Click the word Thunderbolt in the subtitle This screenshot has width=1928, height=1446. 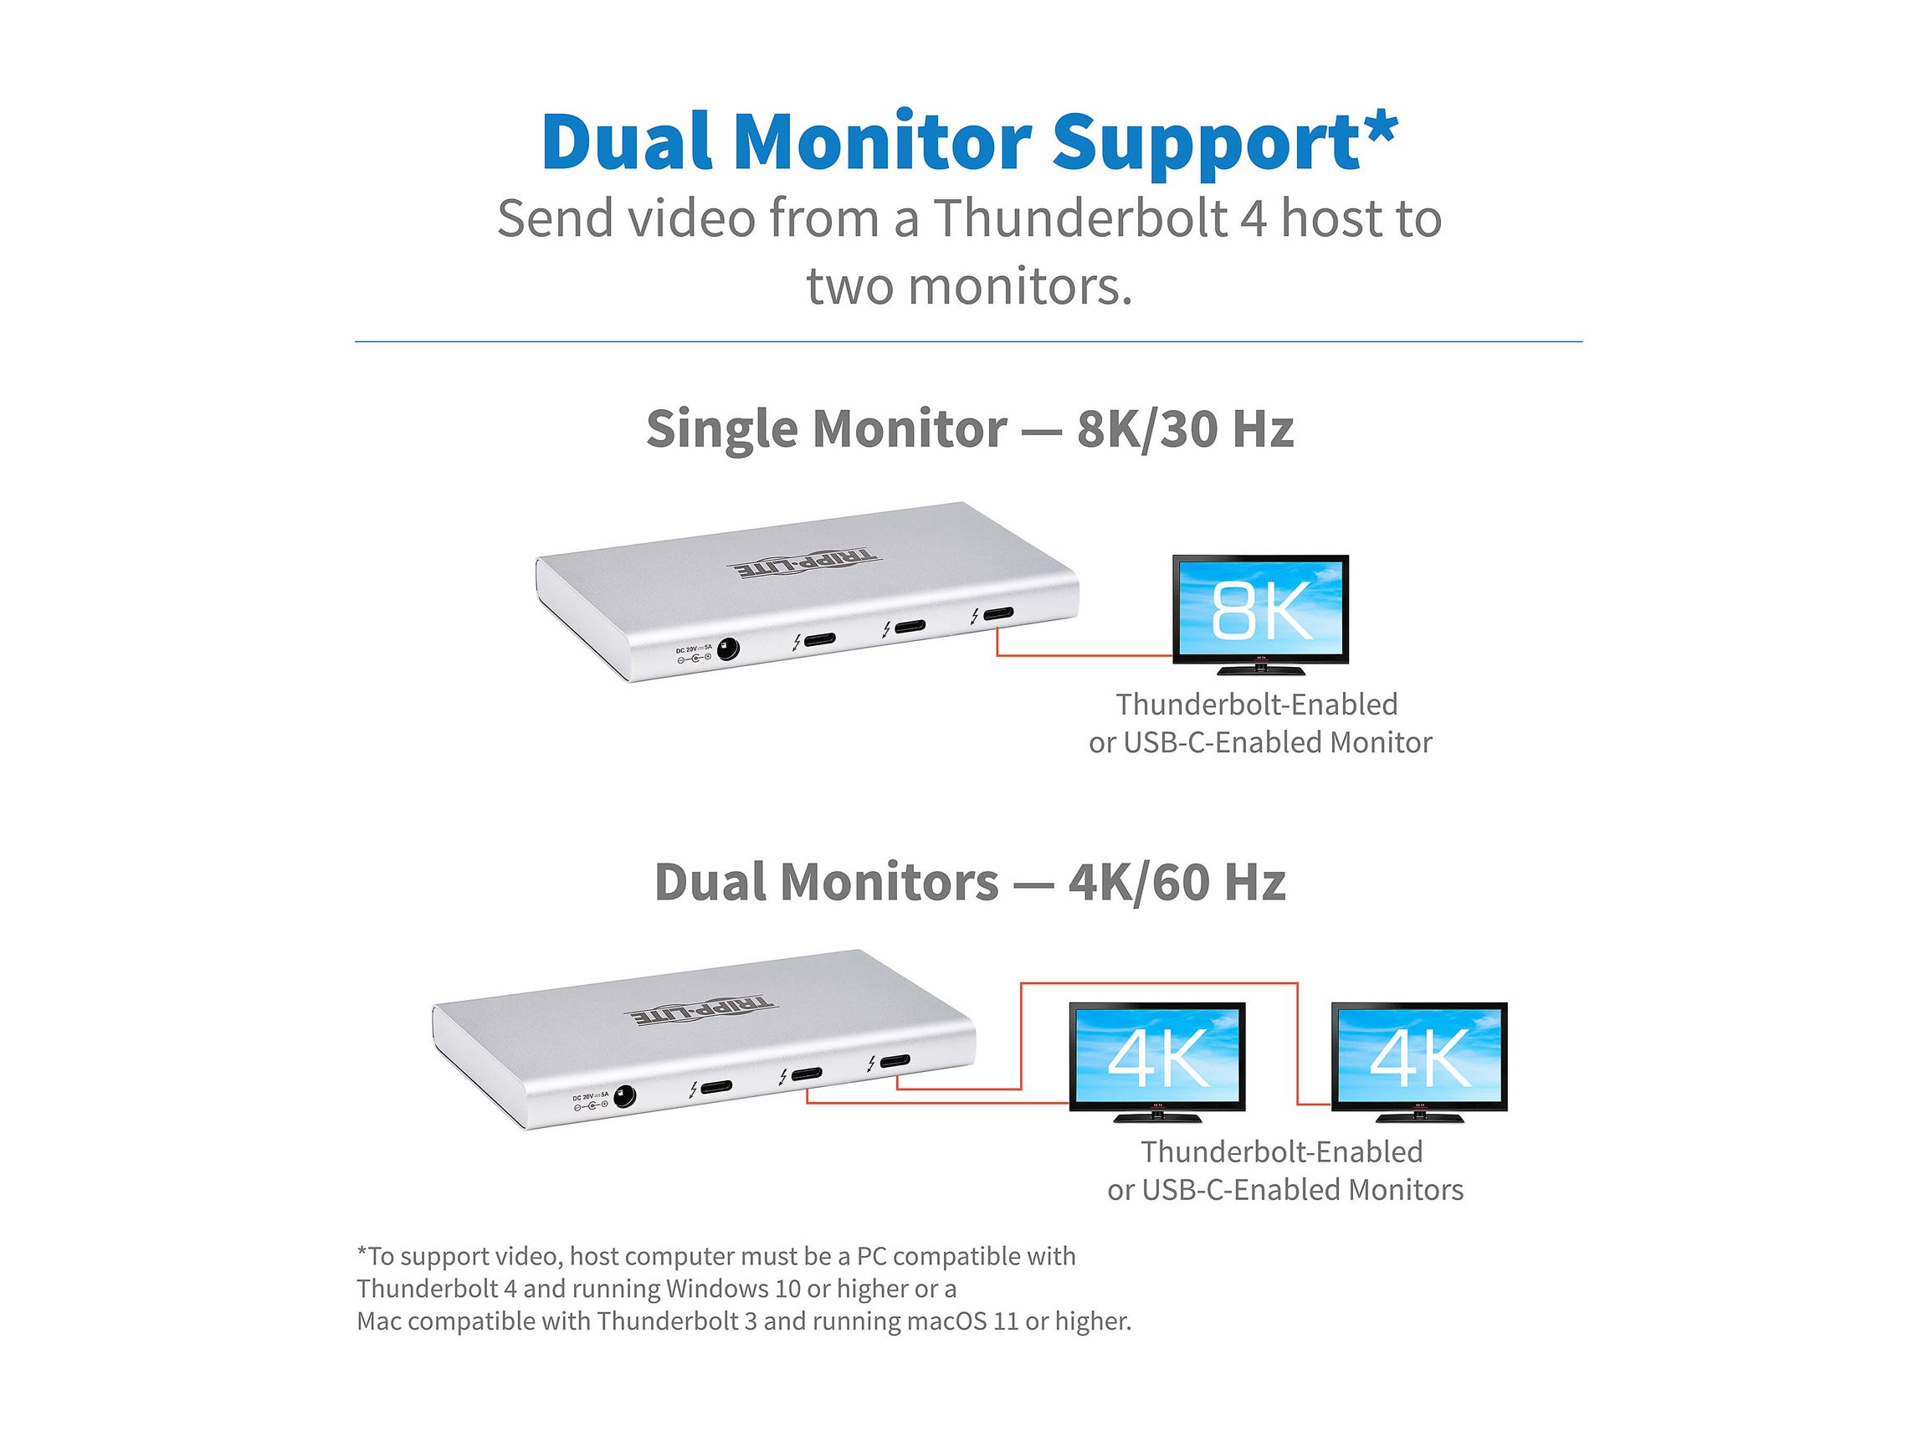click(x=1080, y=218)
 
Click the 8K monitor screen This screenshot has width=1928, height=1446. click(x=1260, y=608)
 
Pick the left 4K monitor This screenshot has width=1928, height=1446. click(x=1156, y=1055)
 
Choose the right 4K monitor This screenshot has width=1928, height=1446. click(x=1419, y=1055)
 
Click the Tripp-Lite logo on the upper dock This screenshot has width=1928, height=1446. click(x=803, y=564)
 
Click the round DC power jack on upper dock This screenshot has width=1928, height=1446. click(x=727, y=649)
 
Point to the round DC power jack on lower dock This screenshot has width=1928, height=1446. click(x=624, y=1095)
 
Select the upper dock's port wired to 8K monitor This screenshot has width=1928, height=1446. click(x=998, y=613)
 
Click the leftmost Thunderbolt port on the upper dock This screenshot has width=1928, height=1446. click(x=819, y=640)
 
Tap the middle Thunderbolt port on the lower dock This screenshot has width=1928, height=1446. click(x=805, y=1074)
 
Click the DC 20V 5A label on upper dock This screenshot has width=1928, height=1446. click(x=694, y=649)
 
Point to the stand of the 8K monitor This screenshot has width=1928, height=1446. click(x=1260, y=669)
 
